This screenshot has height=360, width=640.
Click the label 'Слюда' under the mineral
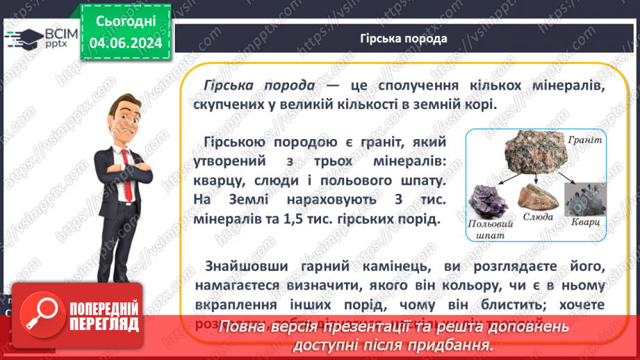point(538,217)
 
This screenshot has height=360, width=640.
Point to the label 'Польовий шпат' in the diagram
point(490,230)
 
